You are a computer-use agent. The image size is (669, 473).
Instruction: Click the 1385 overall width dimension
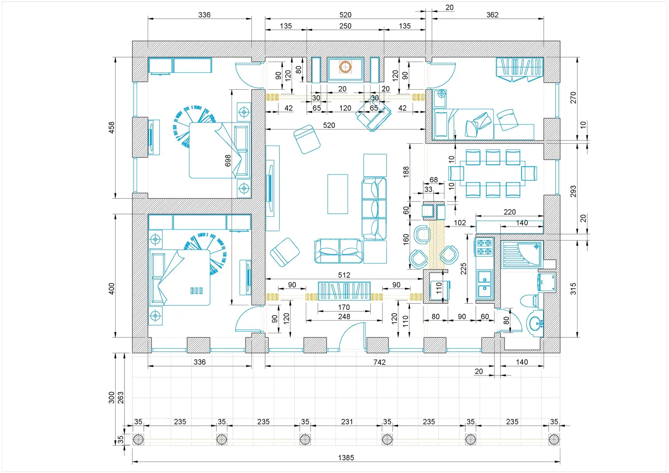point(346,457)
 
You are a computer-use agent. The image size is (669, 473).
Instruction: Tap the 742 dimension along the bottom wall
point(379,362)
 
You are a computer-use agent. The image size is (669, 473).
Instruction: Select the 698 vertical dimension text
point(228,160)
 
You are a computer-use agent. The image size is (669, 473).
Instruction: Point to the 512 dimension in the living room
point(344,275)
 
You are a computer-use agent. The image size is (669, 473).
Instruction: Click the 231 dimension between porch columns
point(347,422)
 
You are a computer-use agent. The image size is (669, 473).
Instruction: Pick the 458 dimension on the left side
point(111,128)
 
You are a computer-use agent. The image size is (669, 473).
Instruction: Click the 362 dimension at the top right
point(492,15)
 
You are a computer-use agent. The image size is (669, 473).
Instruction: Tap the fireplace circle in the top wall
point(345,67)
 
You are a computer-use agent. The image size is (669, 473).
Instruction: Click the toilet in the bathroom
point(530,301)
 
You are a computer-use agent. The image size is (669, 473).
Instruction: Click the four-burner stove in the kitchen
point(485,247)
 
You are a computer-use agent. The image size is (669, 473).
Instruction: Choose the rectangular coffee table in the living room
point(338,194)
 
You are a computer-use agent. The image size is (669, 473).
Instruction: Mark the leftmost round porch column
point(138,439)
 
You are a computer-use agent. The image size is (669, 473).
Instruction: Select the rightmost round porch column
point(554,439)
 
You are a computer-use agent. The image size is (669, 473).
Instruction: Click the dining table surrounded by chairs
point(493,173)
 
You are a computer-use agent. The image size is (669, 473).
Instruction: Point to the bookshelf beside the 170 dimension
point(344,291)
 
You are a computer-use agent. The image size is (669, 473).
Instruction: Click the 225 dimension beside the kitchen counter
point(463,269)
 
